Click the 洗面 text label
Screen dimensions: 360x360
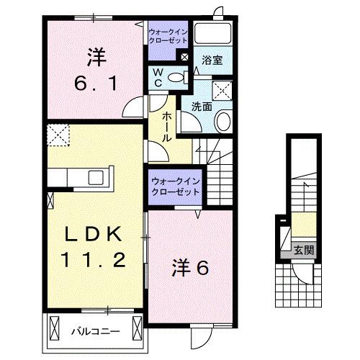201,106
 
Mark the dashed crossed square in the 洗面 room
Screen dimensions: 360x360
223,91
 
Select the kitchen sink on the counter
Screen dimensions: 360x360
94,178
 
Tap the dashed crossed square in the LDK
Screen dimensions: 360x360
56,134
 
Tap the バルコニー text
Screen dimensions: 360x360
94,332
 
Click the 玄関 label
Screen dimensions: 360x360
303,251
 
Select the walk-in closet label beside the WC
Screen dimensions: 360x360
168,37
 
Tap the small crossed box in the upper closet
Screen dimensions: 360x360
186,57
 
